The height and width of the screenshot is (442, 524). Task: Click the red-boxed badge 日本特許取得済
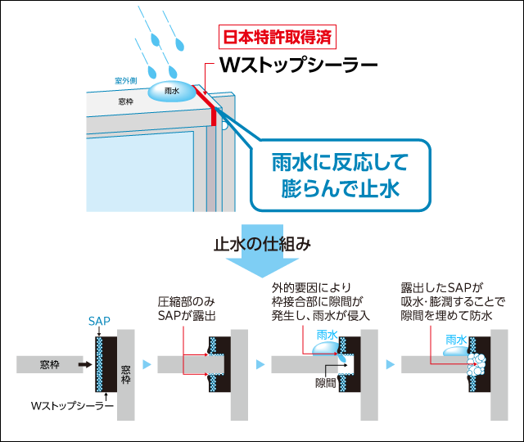pos(278,38)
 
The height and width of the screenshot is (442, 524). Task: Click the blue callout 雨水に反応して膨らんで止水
pos(339,174)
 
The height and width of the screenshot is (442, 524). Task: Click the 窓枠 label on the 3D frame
pos(125,101)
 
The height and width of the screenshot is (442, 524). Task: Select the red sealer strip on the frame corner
pos(214,113)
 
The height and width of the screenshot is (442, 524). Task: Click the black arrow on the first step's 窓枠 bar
pos(83,362)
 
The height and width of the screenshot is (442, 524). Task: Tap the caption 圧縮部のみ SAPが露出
pos(187,307)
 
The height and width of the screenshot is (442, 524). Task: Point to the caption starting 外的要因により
pos(321,300)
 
